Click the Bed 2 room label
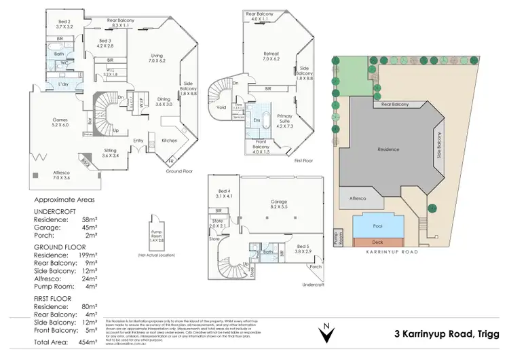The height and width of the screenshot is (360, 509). [x=64, y=23]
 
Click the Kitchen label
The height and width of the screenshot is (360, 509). [x=170, y=141]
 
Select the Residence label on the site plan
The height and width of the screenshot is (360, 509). [x=389, y=149]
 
